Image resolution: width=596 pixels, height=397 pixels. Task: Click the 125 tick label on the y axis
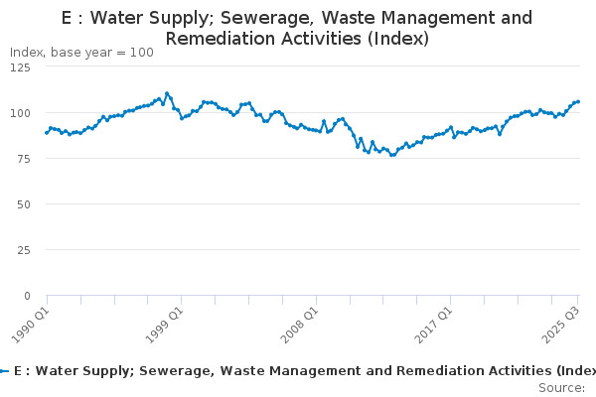(20, 67)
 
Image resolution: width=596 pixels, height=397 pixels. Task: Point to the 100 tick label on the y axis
(20, 113)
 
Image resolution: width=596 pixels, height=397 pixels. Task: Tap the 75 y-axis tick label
(24, 159)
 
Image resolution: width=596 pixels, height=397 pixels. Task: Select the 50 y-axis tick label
(24, 204)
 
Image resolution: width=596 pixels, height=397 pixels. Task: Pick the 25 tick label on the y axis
(24, 250)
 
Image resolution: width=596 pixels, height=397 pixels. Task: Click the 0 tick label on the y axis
(27, 296)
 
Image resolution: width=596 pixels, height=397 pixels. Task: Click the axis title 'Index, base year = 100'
(81, 53)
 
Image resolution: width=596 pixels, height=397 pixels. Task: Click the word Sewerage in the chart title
(268, 18)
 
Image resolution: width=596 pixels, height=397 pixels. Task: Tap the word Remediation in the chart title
(225, 39)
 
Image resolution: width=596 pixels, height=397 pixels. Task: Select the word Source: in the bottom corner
(562, 388)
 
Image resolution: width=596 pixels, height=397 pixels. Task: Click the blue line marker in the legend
(4, 371)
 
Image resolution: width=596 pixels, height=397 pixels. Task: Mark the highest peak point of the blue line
(167, 93)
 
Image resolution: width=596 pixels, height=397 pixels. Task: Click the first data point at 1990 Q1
(47, 133)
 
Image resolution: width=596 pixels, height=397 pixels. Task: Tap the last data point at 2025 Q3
(578, 102)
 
